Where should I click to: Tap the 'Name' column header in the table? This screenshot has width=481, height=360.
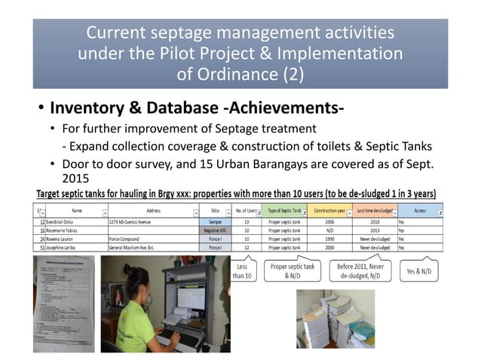coord(76,212)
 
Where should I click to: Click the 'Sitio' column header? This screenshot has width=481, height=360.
coord(215,212)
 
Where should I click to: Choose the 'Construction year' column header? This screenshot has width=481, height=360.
coord(329,212)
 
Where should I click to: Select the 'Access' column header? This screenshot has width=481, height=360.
coord(418,212)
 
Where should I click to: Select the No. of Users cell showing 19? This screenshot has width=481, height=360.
coord(247,224)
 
